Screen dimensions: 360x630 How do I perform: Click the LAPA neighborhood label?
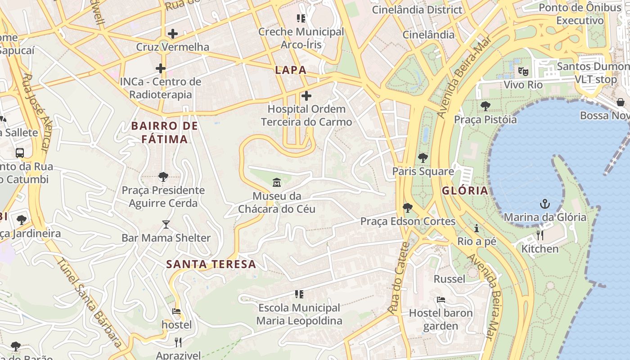click(x=291, y=70)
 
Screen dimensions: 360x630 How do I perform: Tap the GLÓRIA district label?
click(x=465, y=190)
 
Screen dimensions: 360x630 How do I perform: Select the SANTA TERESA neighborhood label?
click(x=211, y=264)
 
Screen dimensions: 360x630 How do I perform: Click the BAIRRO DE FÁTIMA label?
click(x=164, y=132)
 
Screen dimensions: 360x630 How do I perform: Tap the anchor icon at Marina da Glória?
click(x=545, y=204)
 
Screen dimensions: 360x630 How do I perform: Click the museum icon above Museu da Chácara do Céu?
click(x=276, y=183)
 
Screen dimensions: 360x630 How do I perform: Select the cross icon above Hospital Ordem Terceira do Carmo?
click(x=306, y=96)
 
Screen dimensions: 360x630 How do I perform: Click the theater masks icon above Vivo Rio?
click(x=523, y=71)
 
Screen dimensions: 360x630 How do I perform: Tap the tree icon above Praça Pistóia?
click(x=485, y=106)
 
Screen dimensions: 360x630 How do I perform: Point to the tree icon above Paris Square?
click(x=423, y=158)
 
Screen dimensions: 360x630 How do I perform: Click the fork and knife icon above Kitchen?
click(x=540, y=235)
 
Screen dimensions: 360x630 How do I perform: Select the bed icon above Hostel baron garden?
click(x=441, y=299)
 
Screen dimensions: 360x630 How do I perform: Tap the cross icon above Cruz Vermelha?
click(x=172, y=34)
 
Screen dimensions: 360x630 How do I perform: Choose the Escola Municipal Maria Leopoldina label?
click(x=299, y=314)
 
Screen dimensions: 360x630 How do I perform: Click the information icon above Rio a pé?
click(x=477, y=228)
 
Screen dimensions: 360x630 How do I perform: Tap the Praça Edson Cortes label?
click(x=408, y=221)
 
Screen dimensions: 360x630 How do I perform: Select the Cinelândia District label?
click(x=417, y=9)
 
